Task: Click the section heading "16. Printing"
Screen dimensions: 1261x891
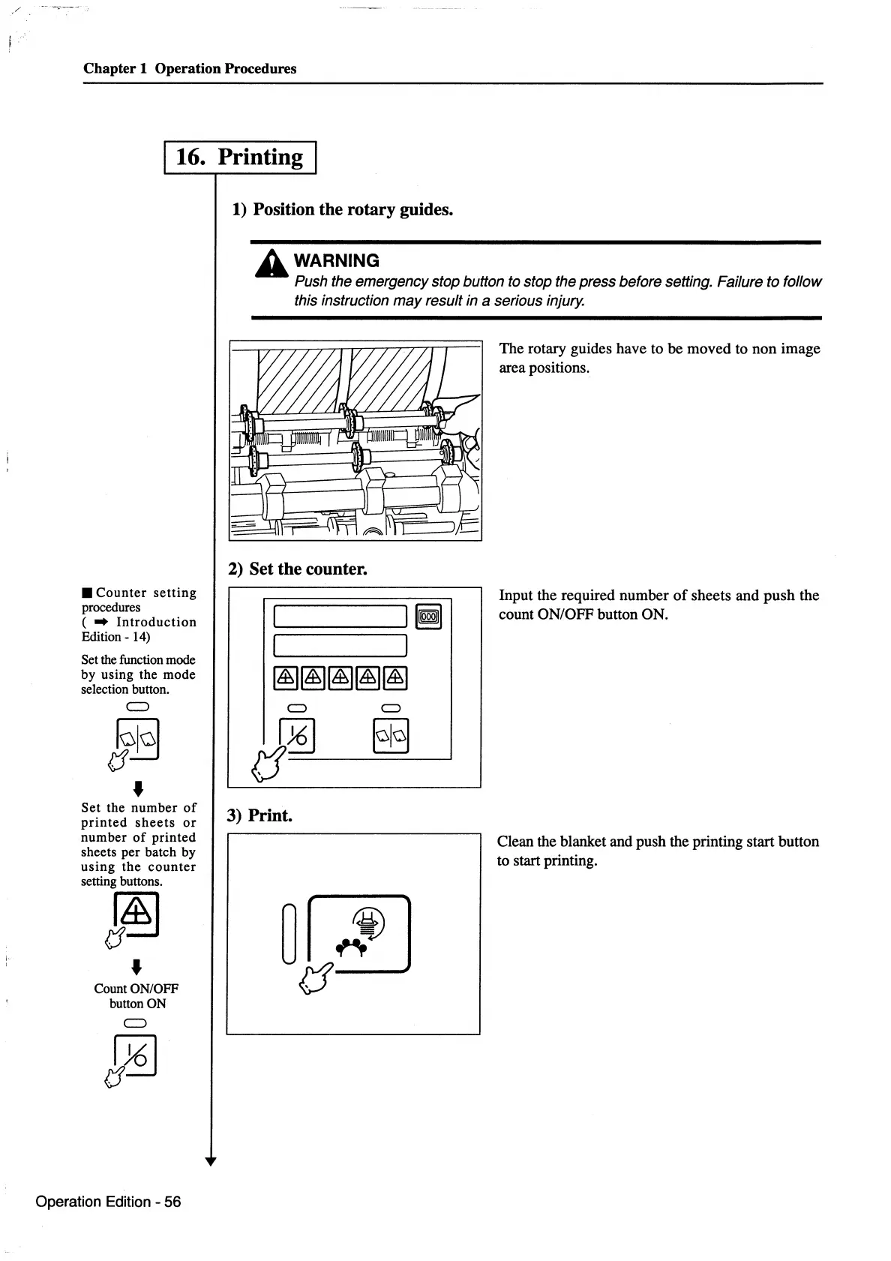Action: point(239,158)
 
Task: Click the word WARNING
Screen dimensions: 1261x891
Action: point(337,261)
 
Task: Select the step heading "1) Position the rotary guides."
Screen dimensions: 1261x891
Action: point(342,209)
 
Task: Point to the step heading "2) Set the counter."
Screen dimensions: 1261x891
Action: point(297,569)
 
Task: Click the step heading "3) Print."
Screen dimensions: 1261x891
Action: point(259,815)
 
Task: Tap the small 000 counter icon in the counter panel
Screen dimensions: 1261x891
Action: point(428,617)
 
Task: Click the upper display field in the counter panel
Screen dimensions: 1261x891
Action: point(341,616)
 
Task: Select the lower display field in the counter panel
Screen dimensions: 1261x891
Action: point(341,645)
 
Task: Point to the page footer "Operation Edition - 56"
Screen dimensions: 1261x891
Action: point(108,1202)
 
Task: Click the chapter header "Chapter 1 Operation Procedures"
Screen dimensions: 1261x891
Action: point(190,68)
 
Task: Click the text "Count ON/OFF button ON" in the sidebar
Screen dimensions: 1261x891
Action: point(136,996)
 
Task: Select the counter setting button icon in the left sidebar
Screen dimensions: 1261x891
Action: point(136,914)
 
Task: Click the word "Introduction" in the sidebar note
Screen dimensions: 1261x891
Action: point(156,622)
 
